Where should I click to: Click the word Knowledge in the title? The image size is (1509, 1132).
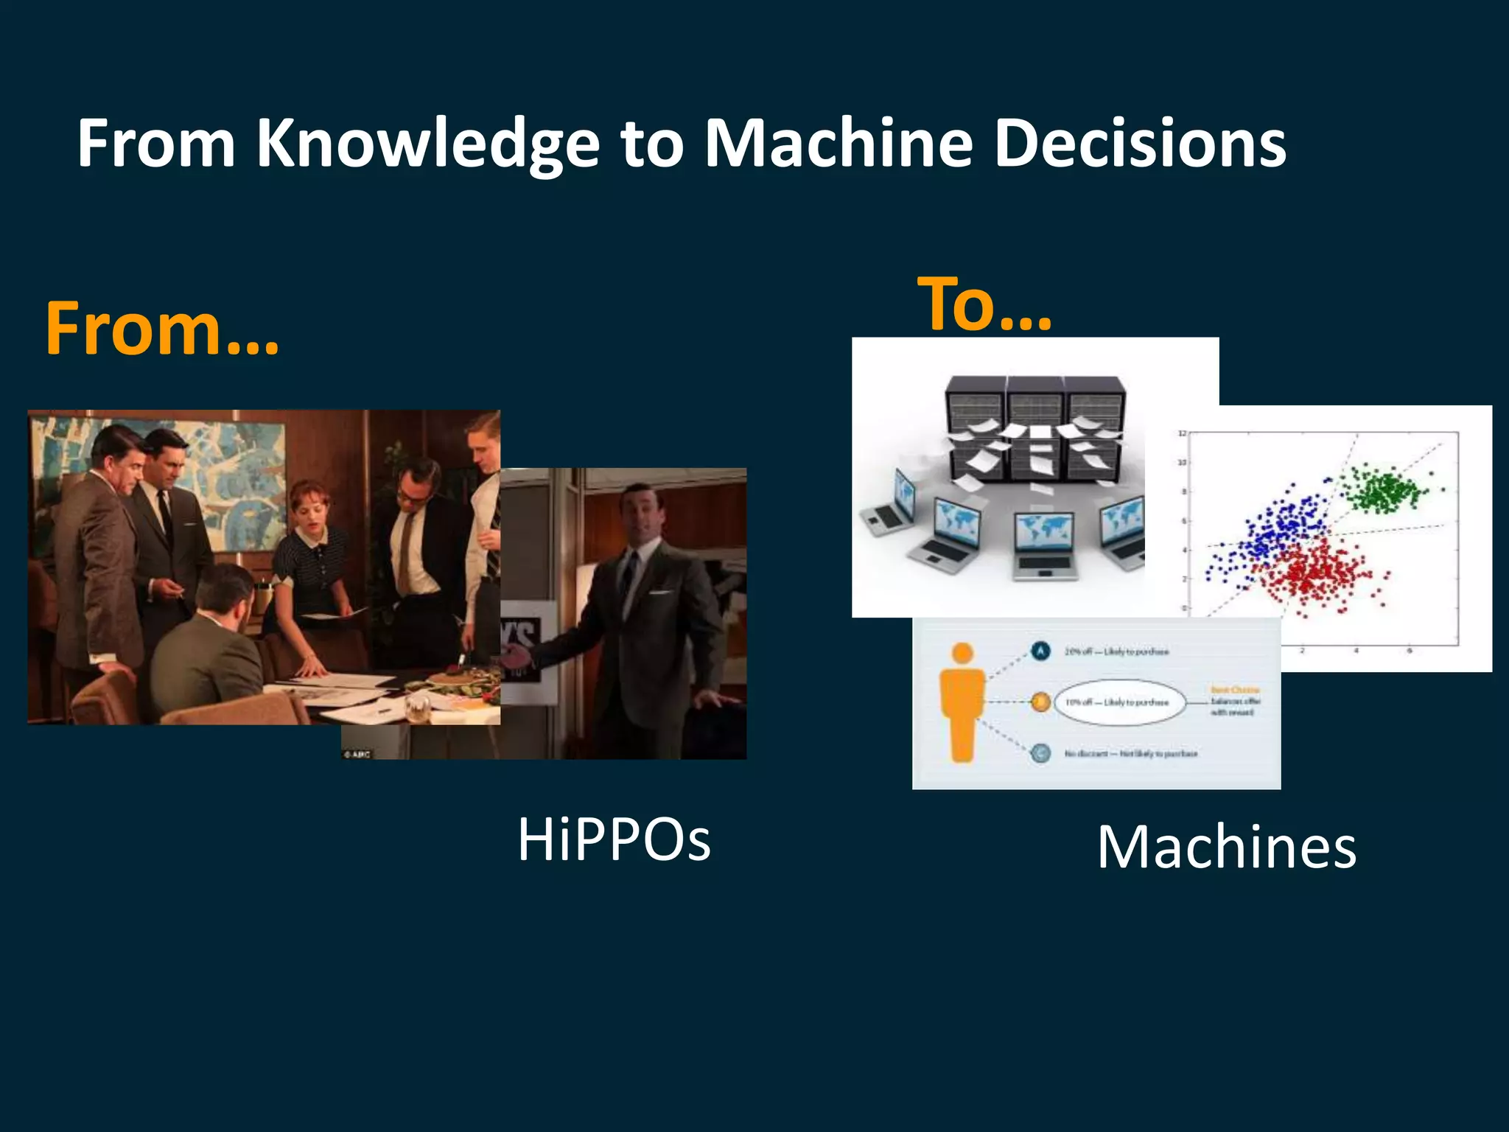[x=427, y=144]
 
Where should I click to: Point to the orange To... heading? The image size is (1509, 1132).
[x=984, y=304]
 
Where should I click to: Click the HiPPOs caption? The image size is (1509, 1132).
[x=614, y=839]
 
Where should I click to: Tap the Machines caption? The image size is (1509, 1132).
[x=1226, y=848]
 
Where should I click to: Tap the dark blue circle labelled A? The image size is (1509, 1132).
[x=1040, y=651]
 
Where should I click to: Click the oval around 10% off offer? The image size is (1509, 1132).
[x=1120, y=702]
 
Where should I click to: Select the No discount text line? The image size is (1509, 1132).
[x=1130, y=754]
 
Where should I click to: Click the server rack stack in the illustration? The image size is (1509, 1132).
[x=1035, y=427]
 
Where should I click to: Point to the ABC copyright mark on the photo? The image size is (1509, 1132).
[x=357, y=754]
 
